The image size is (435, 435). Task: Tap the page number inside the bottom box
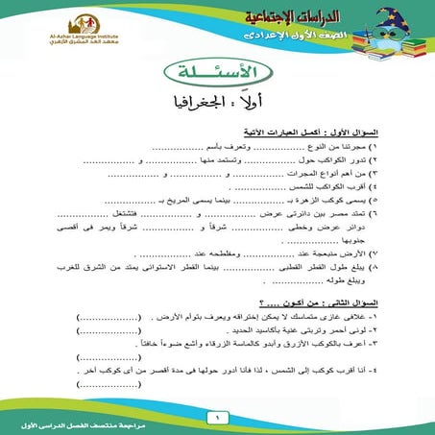tap(217, 419)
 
